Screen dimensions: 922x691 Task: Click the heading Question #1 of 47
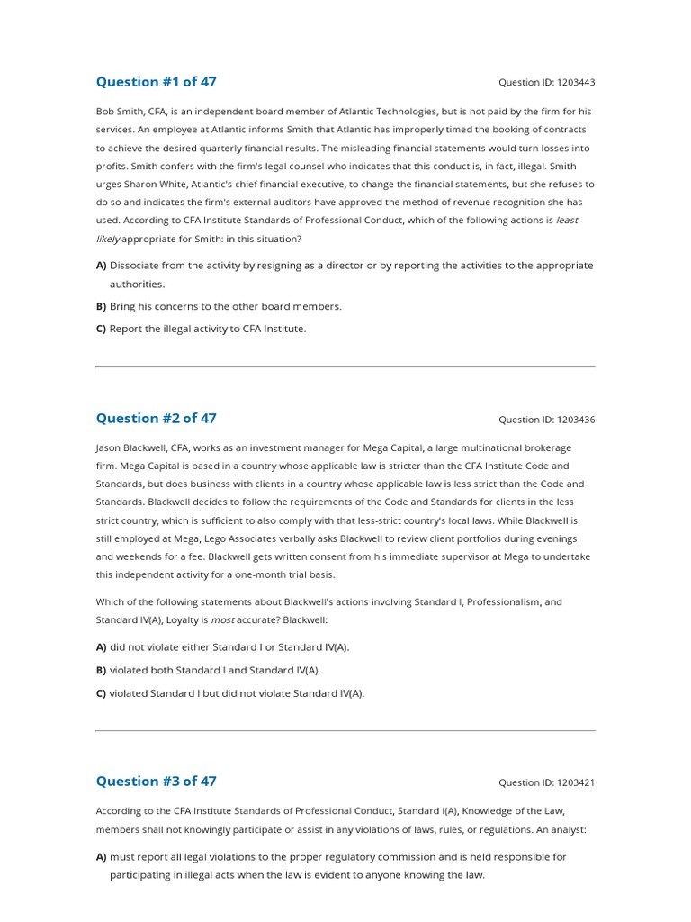tap(156, 82)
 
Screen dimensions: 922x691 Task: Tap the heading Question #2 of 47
tap(156, 418)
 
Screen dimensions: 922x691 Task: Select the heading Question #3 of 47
tap(156, 781)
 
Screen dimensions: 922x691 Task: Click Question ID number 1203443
tap(576, 83)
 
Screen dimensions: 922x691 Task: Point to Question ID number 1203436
tap(576, 420)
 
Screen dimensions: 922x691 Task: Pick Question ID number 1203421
tap(576, 782)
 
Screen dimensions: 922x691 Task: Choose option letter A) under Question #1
tap(102, 266)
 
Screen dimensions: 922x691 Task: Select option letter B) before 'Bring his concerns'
tap(102, 306)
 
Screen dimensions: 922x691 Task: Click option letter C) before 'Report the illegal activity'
tap(102, 329)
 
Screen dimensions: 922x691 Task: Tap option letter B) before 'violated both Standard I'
tap(102, 670)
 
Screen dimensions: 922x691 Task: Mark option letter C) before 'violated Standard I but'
tap(102, 693)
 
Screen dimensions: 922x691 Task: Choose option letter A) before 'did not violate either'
tap(102, 646)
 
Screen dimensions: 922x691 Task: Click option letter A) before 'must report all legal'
tap(102, 857)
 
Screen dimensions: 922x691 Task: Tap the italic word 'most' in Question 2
tap(222, 620)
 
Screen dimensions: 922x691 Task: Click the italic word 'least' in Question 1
tap(567, 220)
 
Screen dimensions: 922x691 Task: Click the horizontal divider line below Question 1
tap(345, 367)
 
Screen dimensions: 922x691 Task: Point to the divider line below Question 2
tap(345, 730)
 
